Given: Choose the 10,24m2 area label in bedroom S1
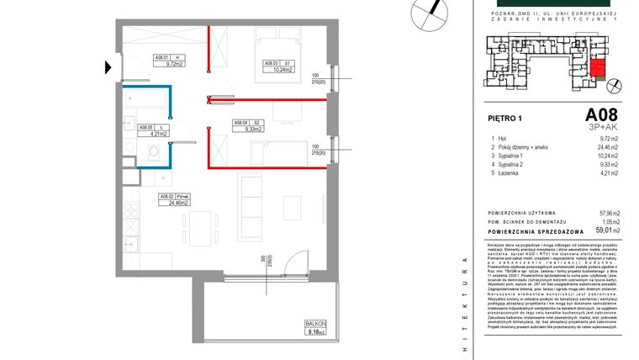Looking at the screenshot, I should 278,70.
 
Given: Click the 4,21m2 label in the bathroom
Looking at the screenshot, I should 160,133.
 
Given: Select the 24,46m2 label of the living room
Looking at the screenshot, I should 177,203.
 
